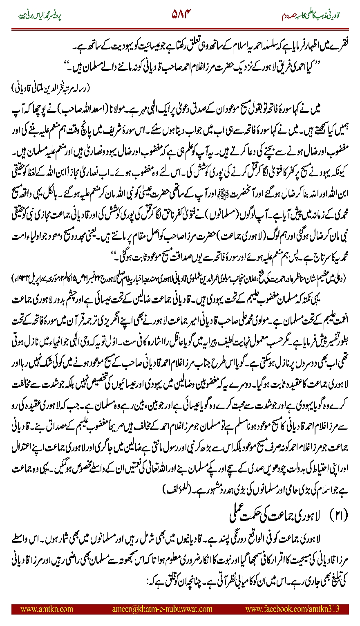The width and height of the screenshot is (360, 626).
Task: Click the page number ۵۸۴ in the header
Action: pyautogui.click(x=180, y=16)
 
